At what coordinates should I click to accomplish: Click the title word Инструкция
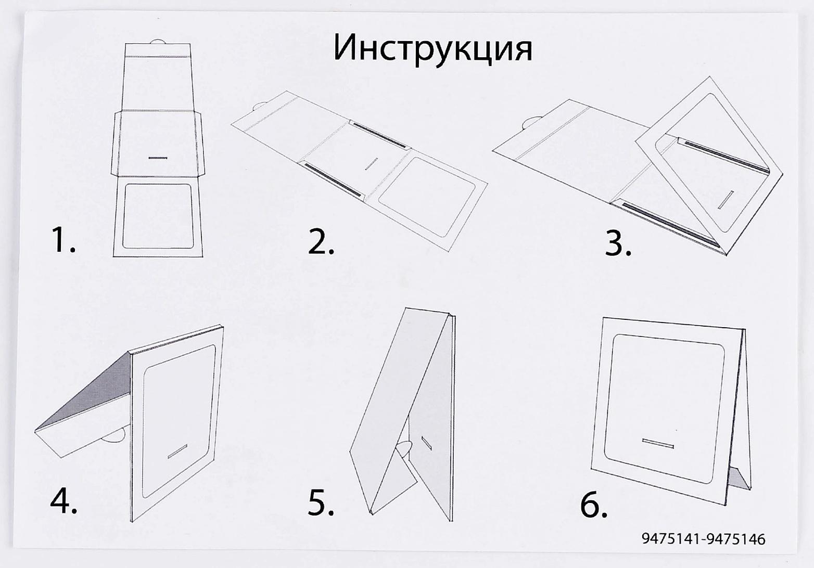tap(433, 48)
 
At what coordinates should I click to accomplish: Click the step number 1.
tap(63, 240)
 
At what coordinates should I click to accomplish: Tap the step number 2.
tap(321, 241)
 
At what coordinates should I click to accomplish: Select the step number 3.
tap(618, 242)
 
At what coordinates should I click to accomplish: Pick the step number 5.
tap(321, 502)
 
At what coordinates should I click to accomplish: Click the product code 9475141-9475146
tap(703, 539)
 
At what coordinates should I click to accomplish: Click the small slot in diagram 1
tap(157, 157)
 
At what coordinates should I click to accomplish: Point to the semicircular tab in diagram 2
tap(259, 108)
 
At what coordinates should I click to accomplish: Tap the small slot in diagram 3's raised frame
tap(726, 200)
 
